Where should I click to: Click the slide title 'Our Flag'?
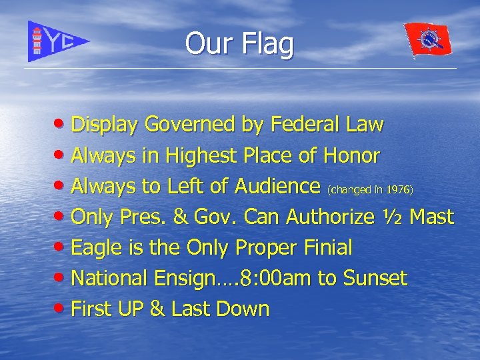(x=239, y=44)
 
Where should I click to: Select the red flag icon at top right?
(x=428, y=40)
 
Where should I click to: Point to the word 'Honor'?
(x=352, y=156)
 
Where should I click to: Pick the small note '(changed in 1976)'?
(x=370, y=190)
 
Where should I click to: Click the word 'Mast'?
(x=432, y=217)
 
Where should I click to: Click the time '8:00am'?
(x=275, y=279)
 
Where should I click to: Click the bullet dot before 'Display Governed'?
(x=61, y=125)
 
